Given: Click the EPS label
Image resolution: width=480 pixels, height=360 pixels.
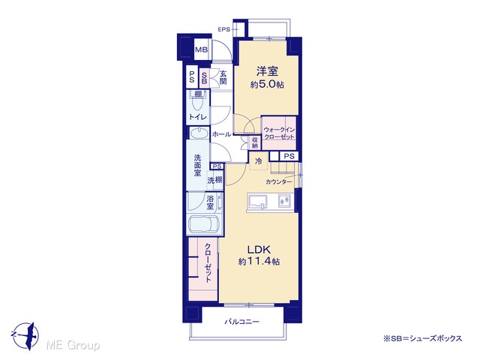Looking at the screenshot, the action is click(x=223, y=30).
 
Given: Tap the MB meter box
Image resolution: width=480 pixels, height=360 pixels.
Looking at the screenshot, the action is click(x=202, y=49).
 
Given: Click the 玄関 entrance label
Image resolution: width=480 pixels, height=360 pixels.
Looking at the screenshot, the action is click(x=223, y=77).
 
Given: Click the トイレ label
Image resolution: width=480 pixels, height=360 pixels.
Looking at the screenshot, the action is click(x=198, y=117).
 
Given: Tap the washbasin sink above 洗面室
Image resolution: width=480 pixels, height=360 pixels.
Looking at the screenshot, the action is click(x=198, y=133).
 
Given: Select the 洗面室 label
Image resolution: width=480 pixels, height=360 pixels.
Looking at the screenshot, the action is click(x=197, y=165).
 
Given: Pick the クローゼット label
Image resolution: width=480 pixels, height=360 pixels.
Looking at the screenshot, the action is click(x=208, y=263).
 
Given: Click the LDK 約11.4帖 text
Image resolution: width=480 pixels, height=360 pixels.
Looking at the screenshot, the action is click(x=259, y=255).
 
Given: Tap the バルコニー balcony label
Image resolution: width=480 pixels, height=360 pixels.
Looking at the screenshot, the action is click(x=242, y=322).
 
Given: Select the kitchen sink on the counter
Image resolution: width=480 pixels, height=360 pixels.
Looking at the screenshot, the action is click(x=258, y=202).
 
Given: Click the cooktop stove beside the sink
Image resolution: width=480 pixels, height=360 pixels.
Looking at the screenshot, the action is click(x=285, y=201).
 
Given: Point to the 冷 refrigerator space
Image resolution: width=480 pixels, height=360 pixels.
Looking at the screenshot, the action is click(x=259, y=161).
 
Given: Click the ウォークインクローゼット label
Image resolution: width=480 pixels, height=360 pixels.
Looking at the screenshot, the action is click(x=279, y=133).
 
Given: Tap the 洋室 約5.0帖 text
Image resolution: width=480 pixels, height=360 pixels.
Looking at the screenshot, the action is click(x=267, y=77).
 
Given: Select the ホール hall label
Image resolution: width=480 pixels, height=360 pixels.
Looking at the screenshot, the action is click(x=221, y=133).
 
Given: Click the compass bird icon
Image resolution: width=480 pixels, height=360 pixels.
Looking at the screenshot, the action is click(x=28, y=335).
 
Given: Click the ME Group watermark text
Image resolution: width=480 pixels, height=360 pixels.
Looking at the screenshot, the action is click(x=73, y=346).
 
